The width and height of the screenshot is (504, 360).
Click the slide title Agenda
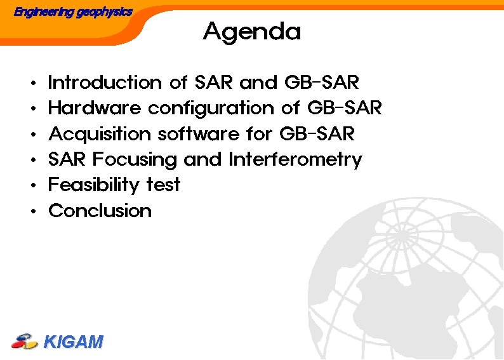click(251, 31)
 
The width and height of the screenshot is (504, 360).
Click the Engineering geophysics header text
click(73, 11)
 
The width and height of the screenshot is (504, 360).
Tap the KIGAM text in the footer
click(73, 342)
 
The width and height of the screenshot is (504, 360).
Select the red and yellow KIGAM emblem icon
click(25, 342)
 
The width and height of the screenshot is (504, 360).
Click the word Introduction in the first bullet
click(105, 83)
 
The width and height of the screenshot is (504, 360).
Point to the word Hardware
click(95, 109)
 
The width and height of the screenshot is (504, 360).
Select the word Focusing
click(135, 160)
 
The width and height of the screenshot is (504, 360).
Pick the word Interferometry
click(295, 160)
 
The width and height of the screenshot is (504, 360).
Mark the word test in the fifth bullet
click(163, 185)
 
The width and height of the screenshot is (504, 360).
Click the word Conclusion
click(100, 211)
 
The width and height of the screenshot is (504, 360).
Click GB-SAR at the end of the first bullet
click(322, 83)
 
